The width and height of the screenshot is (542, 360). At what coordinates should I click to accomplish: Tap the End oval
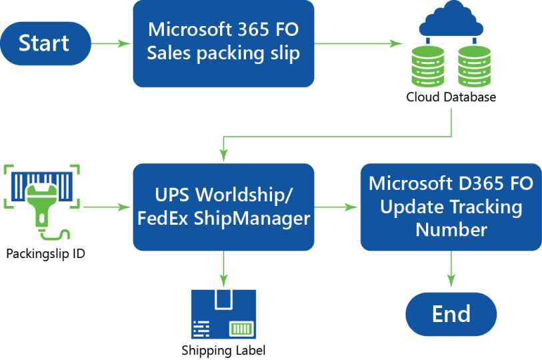[x=451, y=314]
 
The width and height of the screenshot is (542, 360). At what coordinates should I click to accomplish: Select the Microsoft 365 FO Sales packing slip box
[x=223, y=43]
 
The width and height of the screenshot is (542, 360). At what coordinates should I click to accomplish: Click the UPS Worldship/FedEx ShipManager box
[x=223, y=207]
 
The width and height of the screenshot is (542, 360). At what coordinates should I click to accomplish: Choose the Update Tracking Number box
[x=451, y=207]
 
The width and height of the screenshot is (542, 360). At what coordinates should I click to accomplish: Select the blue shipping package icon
[x=223, y=314]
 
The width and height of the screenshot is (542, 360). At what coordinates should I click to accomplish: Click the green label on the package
[x=241, y=328]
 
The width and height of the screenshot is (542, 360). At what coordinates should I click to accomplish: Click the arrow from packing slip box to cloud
[x=359, y=43]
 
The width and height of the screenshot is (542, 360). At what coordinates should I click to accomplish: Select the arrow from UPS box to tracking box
[x=337, y=207]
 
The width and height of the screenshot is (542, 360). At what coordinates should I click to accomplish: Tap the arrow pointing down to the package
[x=223, y=269]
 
